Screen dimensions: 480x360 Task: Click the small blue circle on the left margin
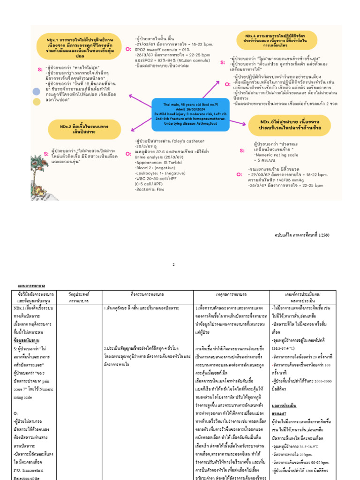pyautogui.click(x=36, y=91)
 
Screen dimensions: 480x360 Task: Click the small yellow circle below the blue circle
pyautogui.click(x=36, y=101)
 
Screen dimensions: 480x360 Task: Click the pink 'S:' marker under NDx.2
pyautogui.click(x=46, y=154)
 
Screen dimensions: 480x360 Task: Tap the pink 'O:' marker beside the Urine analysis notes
pyautogui.click(x=128, y=153)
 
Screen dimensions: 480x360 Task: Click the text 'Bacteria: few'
pyautogui.click(x=150, y=190)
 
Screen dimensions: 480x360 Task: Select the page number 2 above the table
pyautogui.click(x=173, y=264)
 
